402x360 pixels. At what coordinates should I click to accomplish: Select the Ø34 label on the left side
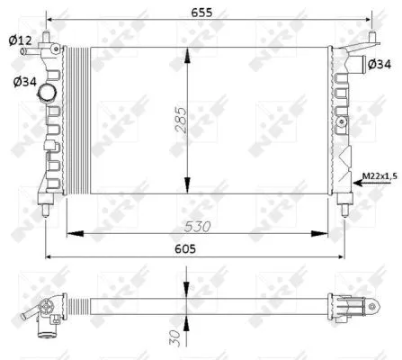(x=25, y=83)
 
